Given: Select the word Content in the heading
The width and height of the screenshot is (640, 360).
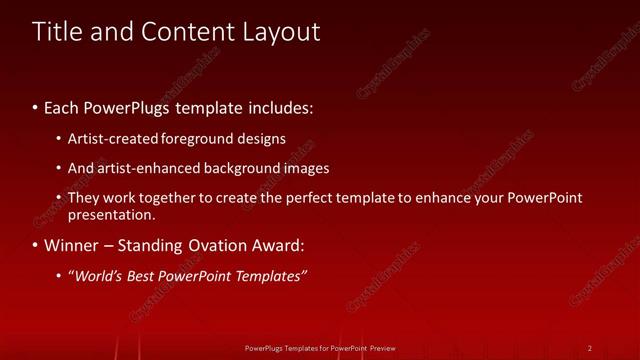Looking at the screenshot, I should coord(187,32).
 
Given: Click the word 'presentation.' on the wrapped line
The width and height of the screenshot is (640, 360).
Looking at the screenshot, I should coord(112,214).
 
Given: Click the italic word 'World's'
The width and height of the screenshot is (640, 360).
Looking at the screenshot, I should coord(99,277).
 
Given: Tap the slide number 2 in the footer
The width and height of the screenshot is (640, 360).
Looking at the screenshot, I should coord(590,348).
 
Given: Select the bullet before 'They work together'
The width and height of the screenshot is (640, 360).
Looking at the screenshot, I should coord(59,198).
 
